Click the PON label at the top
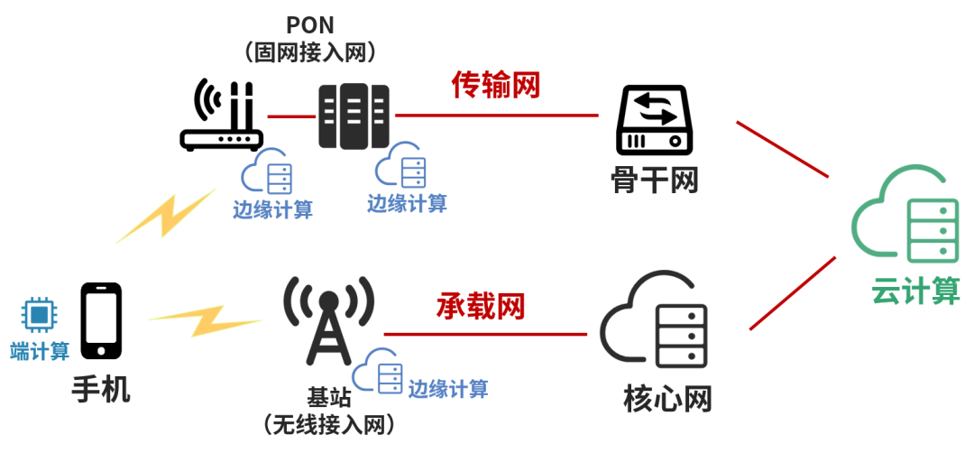(309, 24)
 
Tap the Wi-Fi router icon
(221, 116)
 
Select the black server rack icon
(354, 116)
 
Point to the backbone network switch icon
(654, 119)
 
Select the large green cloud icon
(905, 217)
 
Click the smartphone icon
(101, 320)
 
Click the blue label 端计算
(40, 351)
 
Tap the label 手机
(101, 390)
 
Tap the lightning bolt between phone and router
(166, 216)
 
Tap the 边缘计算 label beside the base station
(448, 389)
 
